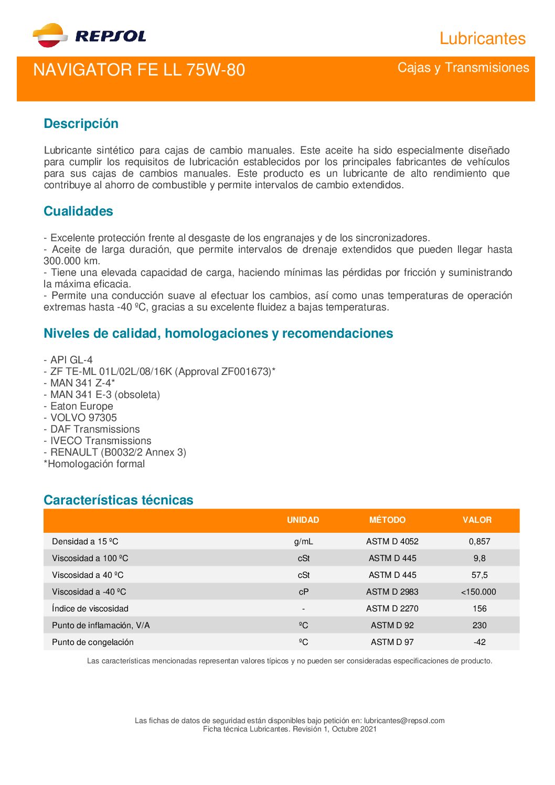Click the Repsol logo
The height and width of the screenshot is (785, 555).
tap(89, 36)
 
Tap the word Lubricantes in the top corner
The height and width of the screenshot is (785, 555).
tap(482, 38)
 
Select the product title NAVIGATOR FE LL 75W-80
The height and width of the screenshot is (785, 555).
tap(139, 70)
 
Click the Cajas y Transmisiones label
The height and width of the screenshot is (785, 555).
tap(463, 68)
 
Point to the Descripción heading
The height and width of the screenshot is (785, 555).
tap(81, 124)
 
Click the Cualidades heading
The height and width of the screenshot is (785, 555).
tap(78, 211)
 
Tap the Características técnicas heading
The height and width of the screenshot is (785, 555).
tap(119, 500)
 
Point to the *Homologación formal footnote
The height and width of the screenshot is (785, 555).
tap(94, 464)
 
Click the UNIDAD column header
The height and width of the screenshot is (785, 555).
tap(303, 520)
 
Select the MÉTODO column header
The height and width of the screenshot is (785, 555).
tap(387, 520)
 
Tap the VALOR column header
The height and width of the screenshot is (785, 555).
tap(477, 520)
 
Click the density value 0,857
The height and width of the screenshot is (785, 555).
tap(479, 541)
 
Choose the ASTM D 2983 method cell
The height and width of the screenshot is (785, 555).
tap(392, 592)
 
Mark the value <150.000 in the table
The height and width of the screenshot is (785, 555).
tap(478, 592)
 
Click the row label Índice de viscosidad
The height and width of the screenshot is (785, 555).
tap(90, 608)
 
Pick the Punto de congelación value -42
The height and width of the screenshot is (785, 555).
tap(479, 642)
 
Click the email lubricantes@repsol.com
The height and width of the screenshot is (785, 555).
tap(404, 721)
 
